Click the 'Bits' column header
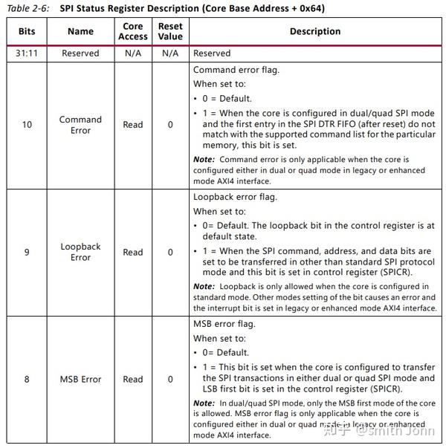click(x=27, y=32)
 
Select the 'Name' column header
click(x=80, y=32)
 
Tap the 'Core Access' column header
click(x=133, y=32)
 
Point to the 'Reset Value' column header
click(x=170, y=32)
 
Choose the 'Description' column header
click(x=315, y=32)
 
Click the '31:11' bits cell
click(x=27, y=53)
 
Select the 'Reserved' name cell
click(x=80, y=53)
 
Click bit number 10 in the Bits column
click(x=27, y=125)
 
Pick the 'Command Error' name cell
click(x=80, y=125)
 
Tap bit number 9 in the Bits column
click(x=27, y=252)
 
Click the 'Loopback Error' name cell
click(x=80, y=252)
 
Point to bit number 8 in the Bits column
click(x=27, y=379)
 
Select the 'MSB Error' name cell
click(x=80, y=379)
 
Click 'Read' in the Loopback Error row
click(x=133, y=252)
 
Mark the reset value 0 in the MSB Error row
click(x=170, y=379)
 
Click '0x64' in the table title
click(x=311, y=9)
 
